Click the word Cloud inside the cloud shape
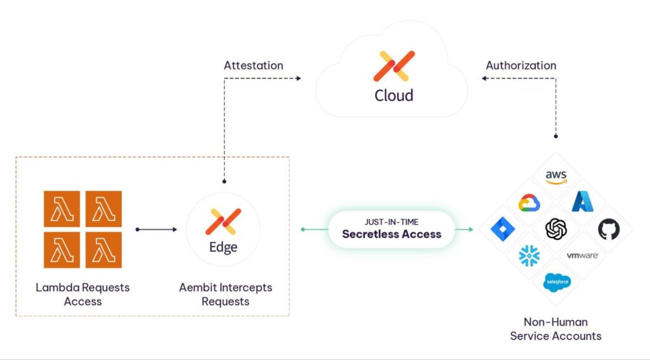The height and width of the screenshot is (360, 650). point(394,95)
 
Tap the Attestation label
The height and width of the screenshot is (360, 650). point(253,65)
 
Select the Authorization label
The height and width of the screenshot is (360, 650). point(521,65)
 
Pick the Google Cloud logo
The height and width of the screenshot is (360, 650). point(529,203)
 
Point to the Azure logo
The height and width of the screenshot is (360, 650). point(582,202)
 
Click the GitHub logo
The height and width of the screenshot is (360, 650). point(608,229)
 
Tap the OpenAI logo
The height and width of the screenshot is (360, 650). point(555,229)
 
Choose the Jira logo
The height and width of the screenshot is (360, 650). point(502,229)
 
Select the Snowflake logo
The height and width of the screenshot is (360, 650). point(529,256)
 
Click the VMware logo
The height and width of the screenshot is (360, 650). point(582,255)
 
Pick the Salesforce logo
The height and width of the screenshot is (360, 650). point(555,282)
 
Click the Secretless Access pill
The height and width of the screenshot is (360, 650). point(392,229)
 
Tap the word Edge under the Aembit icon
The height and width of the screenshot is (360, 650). point(223,247)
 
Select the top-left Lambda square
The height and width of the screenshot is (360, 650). point(62,208)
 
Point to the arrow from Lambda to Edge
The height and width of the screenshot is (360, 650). point(156,229)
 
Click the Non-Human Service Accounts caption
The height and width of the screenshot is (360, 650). point(555,328)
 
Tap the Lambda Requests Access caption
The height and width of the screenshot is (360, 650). point(83,294)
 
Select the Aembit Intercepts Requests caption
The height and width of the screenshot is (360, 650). point(225,294)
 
